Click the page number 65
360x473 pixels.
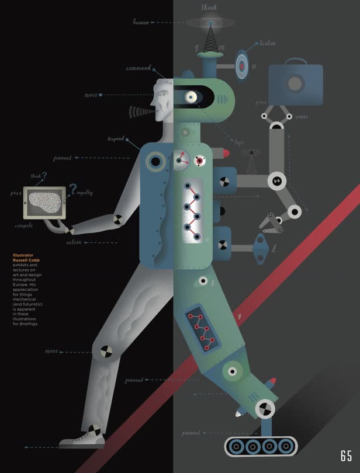346,456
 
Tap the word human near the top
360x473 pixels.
141,22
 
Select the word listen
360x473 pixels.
268,44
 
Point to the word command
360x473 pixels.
139,68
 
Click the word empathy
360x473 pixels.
84,193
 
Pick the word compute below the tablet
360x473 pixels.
24,225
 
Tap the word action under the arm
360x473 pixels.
74,242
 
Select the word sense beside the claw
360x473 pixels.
302,117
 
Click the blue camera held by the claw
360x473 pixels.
295,85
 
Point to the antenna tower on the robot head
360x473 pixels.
209,38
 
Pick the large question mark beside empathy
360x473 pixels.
72,188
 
